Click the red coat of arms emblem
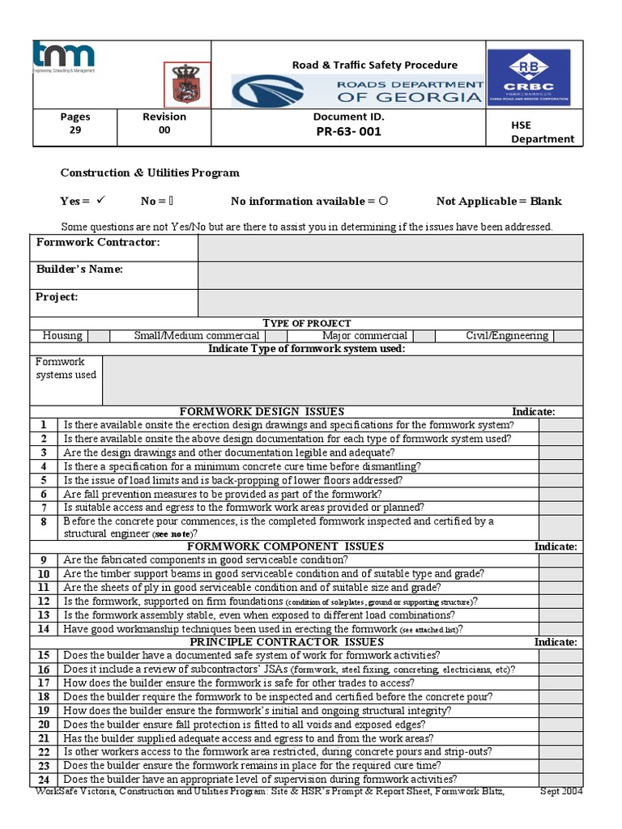click(x=187, y=84)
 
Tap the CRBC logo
click(x=528, y=77)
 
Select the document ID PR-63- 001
click(x=348, y=131)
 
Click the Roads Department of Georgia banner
click(x=357, y=91)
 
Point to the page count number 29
click(x=75, y=130)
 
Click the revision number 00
click(x=164, y=130)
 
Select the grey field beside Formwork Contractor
click(x=390, y=249)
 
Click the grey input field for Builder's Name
click(x=390, y=275)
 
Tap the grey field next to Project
click(x=390, y=302)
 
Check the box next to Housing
click(x=99, y=336)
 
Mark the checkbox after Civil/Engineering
click(x=567, y=336)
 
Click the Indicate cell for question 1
click(x=560, y=425)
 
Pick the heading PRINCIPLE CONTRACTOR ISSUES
click(x=286, y=642)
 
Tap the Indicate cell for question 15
click(x=560, y=656)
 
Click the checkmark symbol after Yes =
click(x=101, y=201)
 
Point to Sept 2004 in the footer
click(x=560, y=791)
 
